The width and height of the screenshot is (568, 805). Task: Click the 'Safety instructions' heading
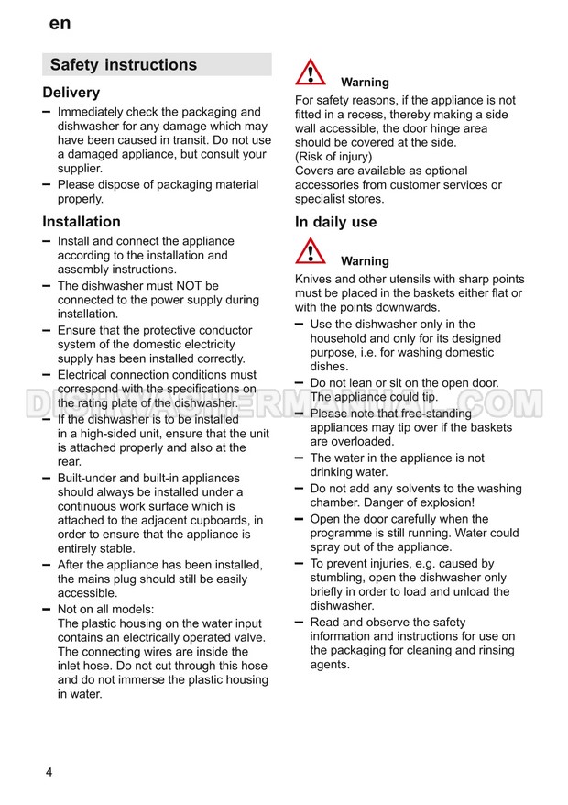point(123,65)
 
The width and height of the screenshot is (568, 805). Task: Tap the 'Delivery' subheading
point(71,93)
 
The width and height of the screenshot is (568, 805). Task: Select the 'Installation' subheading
point(82,222)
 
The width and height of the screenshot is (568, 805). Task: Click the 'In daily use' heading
point(335,222)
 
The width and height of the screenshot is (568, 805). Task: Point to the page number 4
point(49,772)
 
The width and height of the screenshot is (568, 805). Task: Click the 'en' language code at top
point(60,24)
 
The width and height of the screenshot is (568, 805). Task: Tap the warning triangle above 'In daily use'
point(311,72)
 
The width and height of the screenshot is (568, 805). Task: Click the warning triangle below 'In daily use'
point(311,251)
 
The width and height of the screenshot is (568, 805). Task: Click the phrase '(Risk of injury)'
point(333,157)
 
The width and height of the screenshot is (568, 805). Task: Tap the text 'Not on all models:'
point(106,609)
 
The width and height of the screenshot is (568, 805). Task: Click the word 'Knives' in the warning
point(313,279)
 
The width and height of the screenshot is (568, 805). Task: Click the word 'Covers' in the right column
point(315,171)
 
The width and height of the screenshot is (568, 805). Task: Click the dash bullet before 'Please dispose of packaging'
point(47,184)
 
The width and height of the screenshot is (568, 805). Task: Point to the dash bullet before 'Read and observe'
point(300,622)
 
